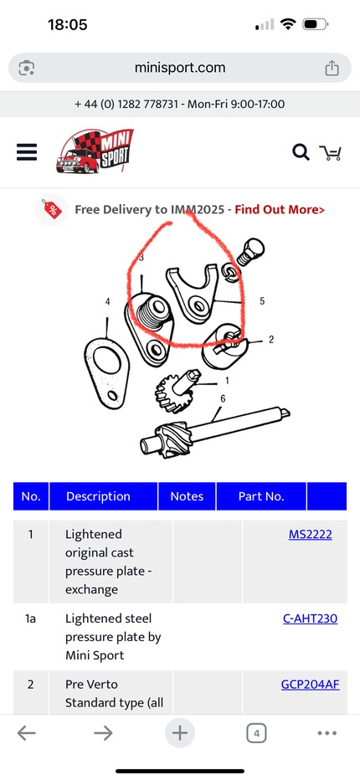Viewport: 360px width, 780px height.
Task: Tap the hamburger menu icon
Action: (27, 152)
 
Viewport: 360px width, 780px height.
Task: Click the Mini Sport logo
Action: (95, 151)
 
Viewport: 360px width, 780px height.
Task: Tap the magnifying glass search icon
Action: (301, 152)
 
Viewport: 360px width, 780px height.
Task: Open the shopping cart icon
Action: (330, 152)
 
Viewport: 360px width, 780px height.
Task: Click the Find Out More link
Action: (280, 209)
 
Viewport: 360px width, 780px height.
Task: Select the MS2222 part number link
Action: (311, 534)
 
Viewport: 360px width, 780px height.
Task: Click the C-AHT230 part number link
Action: (311, 618)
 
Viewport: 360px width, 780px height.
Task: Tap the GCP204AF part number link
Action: (311, 685)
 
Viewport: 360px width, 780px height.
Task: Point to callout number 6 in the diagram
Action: (223, 398)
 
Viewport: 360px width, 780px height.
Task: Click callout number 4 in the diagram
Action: (107, 301)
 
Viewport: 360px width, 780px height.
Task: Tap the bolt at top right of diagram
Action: (250, 252)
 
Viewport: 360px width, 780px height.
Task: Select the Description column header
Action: (98, 496)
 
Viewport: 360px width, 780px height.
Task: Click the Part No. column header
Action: (261, 496)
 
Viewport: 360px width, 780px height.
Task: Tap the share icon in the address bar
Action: (332, 68)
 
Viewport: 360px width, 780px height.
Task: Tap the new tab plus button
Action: (180, 733)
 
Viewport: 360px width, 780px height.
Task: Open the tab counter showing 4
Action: (256, 733)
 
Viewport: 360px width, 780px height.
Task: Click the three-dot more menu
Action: (327, 733)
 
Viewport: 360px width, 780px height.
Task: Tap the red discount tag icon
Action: (52, 209)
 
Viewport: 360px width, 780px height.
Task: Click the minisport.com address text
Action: (180, 68)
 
